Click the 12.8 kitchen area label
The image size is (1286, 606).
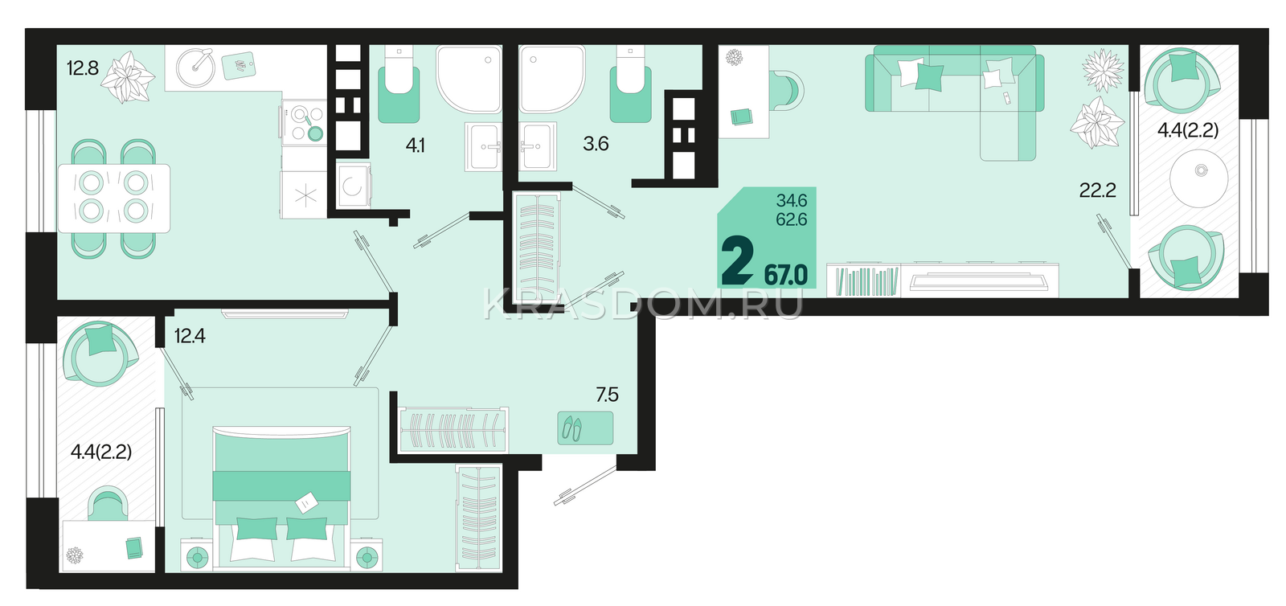pos(83,68)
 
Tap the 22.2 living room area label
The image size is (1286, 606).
pos(1098,190)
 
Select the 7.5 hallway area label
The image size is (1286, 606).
pos(607,395)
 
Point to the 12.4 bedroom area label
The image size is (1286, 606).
pos(190,336)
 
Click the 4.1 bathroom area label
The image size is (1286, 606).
pos(415,145)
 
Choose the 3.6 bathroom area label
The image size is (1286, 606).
pos(596,144)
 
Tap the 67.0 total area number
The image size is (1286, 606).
pos(786,276)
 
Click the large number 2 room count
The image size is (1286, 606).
pos(737,262)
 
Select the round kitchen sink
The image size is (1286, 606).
pos(195,68)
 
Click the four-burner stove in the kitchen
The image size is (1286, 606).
pos(304,123)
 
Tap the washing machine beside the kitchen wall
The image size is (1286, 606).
pos(354,186)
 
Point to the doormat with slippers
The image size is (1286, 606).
pos(585,428)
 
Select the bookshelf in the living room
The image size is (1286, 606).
pos(863,280)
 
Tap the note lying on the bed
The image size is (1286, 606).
pos(306,502)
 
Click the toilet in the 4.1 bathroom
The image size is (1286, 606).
pos(399,85)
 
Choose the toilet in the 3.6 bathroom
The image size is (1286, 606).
pos(630,85)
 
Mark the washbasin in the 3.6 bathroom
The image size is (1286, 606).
pos(538,146)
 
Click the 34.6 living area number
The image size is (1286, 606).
pos(792,201)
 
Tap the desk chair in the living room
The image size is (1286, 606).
pos(787,90)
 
